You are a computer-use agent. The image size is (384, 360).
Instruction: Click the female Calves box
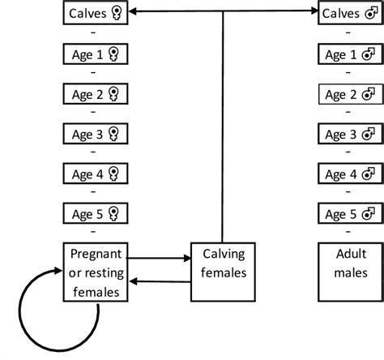(96, 14)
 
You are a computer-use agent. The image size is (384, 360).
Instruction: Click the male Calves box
(350, 14)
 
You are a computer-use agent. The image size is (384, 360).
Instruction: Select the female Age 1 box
(96, 54)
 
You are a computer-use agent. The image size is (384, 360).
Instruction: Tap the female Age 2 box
(96, 94)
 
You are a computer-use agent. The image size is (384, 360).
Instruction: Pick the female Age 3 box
(96, 134)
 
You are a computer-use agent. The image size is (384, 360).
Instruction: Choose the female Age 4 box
(96, 174)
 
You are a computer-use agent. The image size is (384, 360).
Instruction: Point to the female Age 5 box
(96, 214)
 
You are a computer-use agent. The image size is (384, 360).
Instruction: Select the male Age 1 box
(350, 54)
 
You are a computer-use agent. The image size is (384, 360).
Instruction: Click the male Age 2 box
(350, 94)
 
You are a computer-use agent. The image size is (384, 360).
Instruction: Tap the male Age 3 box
(350, 134)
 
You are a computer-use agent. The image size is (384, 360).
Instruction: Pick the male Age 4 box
(350, 174)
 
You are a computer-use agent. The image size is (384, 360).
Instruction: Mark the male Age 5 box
(350, 214)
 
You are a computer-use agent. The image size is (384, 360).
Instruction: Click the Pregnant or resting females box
(96, 272)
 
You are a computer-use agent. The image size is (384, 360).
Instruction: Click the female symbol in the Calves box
(117, 14)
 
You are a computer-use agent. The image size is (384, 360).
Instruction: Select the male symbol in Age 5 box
(369, 214)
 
